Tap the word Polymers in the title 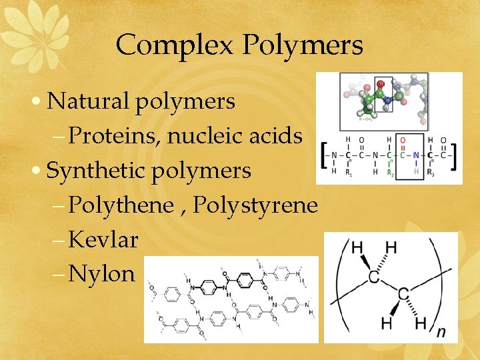tap(303, 46)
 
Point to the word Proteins tap(114, 135)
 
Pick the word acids tap(280, 135)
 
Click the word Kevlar tap(103, 239)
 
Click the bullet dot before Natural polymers tap(39, 102)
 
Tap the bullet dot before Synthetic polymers tap(39, 171)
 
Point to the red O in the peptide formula tap(402, 140)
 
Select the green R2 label tap(391, 173)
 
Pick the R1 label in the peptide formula tap(348, 173)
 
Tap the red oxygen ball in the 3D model tap(381, 85)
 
